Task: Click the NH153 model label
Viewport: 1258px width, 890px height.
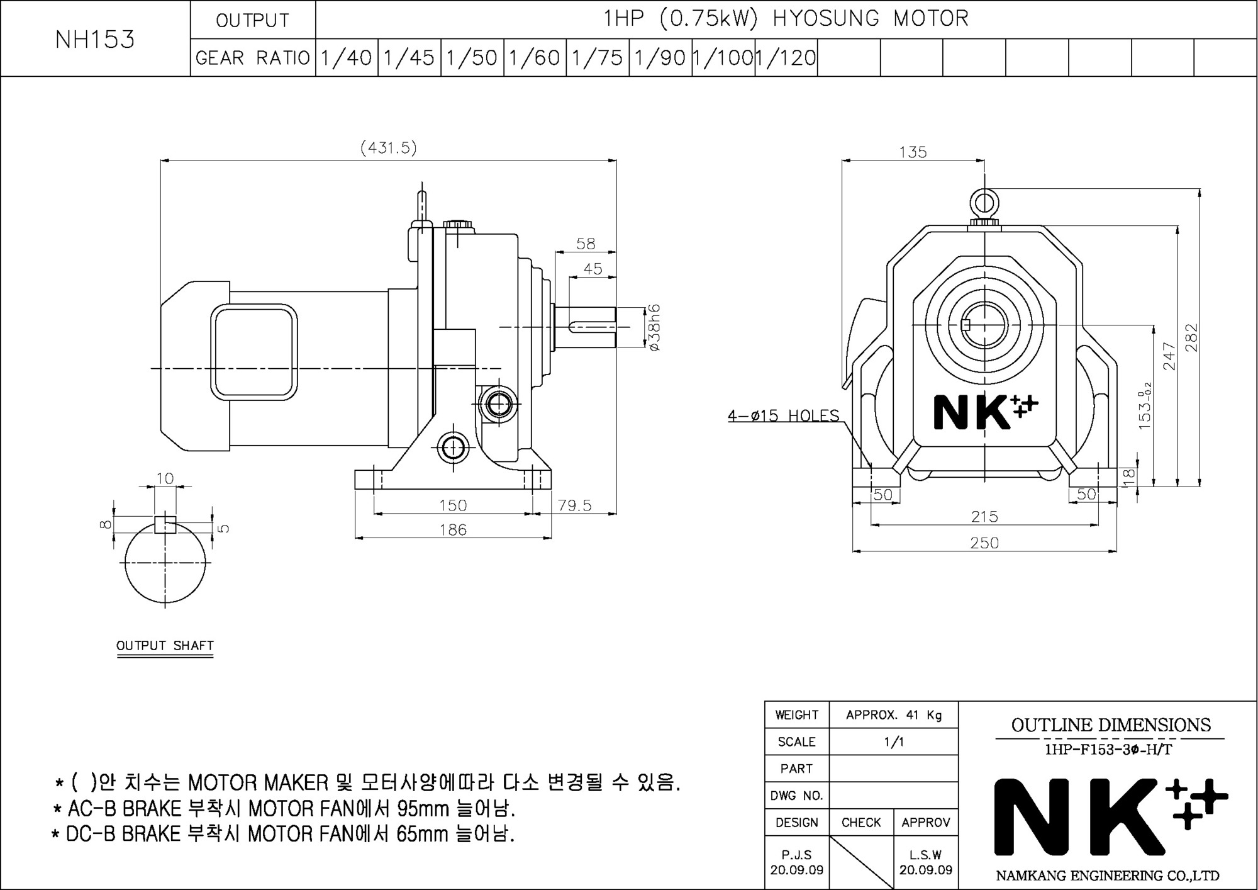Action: pyautogui.click(x=95, y=40)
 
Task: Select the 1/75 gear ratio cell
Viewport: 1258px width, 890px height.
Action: pyautogui.click(x=598, y=58)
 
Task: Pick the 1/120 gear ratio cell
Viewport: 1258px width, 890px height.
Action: pyautogui.click(x=786, y=58)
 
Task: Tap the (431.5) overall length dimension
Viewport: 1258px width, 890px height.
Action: pyautogui.click(x=389, y=147)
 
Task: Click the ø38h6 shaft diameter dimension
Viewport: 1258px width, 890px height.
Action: pyautogui.click(x=654, y=327)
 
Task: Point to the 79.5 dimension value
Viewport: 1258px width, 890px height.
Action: pyautogui.click(x=575, y=505)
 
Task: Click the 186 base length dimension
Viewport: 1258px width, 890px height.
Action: pyautogui.click(x=453, y=530)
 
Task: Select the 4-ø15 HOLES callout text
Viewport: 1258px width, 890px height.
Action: pyautogui.click(x=784, y=415)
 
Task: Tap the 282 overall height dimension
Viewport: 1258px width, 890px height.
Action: pyautogui.click(x=1191, y=337)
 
